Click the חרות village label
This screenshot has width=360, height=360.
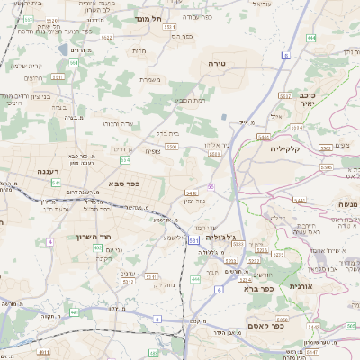click(138, 50)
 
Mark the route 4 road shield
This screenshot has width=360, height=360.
click(50, 241)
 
